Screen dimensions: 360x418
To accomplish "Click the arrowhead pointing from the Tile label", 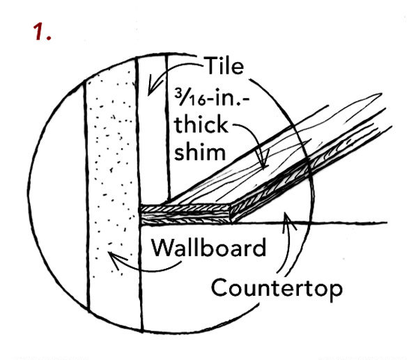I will pos(152,92).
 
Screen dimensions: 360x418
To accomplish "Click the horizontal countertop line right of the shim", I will pos(348,223).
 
